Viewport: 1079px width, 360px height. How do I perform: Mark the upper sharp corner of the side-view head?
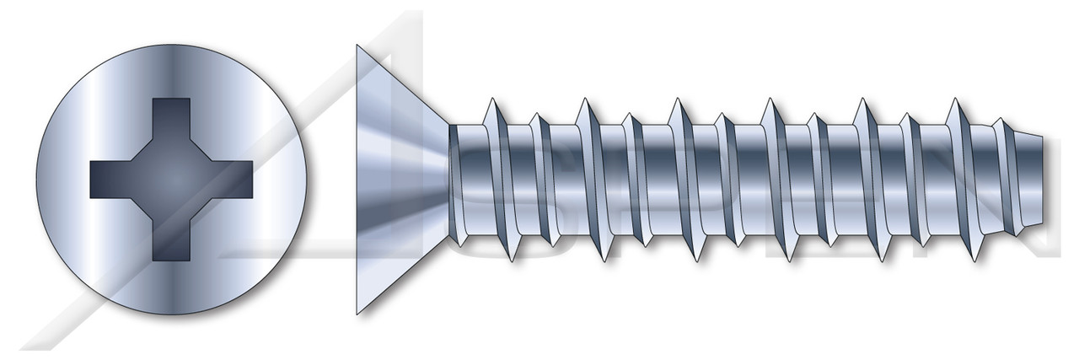click(x=357, y=46)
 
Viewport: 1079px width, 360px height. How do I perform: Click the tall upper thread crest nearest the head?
click(x=490, y=101)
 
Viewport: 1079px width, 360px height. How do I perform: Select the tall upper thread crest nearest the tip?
click(x=954, y=101)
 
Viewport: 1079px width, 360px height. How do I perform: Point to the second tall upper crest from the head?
click(x=583, y=101)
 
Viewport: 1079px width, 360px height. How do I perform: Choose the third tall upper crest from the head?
click(x=676, y=101)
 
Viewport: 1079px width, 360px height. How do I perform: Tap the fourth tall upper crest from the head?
click(x=769, y=101)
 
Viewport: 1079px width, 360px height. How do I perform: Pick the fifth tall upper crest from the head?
click(x=862, y=101)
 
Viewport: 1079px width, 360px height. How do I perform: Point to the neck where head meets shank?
click(x=451, y=179)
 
